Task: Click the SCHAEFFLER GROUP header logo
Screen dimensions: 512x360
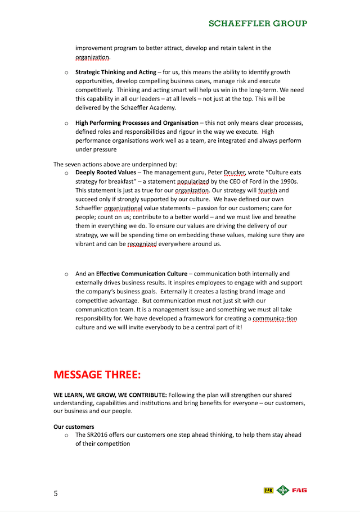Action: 258,24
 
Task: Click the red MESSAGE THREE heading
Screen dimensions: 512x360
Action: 97,374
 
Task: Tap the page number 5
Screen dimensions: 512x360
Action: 56,494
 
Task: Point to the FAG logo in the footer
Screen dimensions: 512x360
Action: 299,491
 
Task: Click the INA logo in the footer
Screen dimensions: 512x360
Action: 283,491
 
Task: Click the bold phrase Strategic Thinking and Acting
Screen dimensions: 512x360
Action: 116,73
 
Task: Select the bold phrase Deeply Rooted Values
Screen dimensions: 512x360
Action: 105,173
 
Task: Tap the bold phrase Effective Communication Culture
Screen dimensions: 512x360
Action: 142,274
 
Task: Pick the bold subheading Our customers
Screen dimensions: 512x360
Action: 74,427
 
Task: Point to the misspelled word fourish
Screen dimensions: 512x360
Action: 268,191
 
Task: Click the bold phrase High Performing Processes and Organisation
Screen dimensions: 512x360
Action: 137,123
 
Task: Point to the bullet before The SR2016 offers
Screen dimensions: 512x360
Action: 66,435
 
